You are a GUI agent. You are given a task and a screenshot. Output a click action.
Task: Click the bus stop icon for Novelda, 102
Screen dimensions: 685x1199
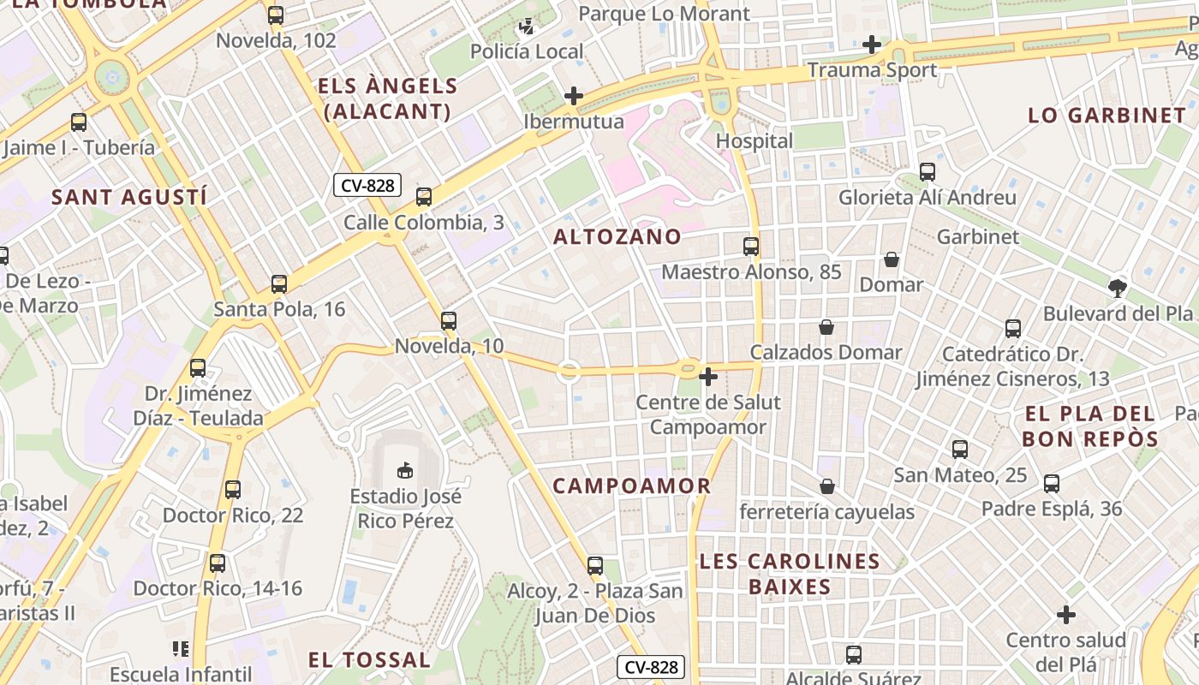[275, 15]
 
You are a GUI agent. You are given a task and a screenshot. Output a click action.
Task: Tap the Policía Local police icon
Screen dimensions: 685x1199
[527, 27]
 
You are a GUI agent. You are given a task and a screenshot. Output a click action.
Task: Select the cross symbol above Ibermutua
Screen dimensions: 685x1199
[574, 96]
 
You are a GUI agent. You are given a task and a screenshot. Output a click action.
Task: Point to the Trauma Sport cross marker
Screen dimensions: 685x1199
[872, 45]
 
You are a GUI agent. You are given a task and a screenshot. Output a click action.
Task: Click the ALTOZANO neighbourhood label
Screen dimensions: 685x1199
[617, 237]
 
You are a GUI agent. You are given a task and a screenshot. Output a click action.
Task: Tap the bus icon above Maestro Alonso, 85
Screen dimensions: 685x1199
[751, 247]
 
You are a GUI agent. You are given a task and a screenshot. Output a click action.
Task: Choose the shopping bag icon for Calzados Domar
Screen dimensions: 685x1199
[826, 327]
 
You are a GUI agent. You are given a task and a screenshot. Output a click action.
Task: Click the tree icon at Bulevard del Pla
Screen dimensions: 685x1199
[1117, 289]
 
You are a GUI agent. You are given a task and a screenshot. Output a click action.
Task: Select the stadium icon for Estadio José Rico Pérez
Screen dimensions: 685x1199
[405, 470]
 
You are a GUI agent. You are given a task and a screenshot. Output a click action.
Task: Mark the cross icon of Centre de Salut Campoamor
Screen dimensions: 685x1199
[708, 377]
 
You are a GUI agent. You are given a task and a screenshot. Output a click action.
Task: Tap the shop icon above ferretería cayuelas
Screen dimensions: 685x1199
[826, 486]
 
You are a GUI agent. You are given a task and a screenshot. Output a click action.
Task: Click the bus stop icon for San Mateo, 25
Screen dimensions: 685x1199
[960, 450]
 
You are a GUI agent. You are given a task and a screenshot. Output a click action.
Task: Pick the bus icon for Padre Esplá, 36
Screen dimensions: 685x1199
[1052, 484]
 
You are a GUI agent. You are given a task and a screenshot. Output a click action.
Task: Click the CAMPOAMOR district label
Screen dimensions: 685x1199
[632, 486]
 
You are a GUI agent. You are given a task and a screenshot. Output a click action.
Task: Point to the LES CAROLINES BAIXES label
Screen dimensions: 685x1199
[790, 574]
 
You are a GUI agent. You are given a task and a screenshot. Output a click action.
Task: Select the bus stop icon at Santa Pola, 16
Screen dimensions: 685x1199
[279, 284]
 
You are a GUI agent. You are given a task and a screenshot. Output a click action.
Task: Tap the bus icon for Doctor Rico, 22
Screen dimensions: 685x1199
[233, 490]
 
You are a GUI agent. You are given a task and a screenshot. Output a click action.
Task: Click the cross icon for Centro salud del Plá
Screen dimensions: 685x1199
[1066, 615]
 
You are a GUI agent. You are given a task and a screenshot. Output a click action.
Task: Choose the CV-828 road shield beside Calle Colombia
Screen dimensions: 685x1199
[367, 185]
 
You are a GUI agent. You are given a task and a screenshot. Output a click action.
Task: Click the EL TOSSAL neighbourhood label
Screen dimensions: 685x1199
[369, 660]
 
